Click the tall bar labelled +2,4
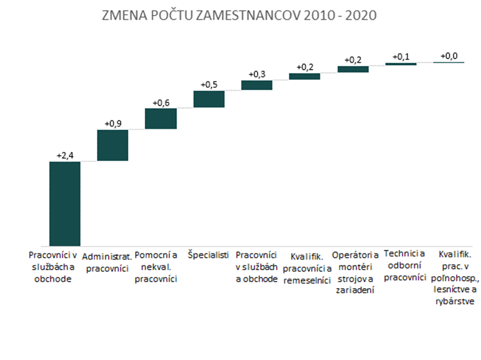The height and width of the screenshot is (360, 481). coord(65,203)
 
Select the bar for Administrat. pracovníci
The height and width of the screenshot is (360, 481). coord(113,145)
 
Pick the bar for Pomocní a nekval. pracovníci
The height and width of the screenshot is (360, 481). coord(161,118)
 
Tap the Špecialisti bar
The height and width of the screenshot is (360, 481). coord(209,99)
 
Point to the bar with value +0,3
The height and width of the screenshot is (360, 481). coord(257,85)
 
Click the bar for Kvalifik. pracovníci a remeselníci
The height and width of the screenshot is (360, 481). coord(305,76)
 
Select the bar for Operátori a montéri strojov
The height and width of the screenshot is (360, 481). coord(353,69)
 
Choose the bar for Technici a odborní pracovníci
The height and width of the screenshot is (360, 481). coord(400,64)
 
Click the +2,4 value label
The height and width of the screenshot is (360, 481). coord(65,156)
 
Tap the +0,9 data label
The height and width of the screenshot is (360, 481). coord(113,124)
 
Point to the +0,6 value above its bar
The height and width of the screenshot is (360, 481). coord(161,102)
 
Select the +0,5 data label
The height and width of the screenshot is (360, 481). coord(209,85)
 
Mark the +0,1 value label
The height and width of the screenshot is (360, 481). coord(400,57)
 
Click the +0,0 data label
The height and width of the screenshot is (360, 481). coord(449,56)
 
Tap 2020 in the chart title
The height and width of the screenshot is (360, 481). coord(361,16)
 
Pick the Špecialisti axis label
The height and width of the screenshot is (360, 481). coord(208,254)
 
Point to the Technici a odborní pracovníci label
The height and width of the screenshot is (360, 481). coord(405,266)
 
